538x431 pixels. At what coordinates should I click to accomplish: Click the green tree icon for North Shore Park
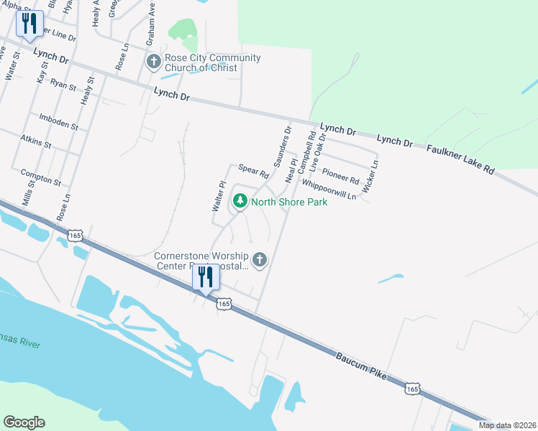242,202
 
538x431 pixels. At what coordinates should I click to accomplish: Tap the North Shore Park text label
289,202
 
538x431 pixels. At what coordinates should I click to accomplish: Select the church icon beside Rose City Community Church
153,62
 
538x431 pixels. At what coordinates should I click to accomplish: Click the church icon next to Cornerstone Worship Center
260,259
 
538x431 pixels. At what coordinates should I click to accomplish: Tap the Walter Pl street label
219,195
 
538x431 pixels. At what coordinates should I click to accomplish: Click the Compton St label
40,177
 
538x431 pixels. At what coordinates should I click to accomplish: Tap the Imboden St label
58,120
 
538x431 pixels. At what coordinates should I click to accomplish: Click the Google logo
24,422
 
